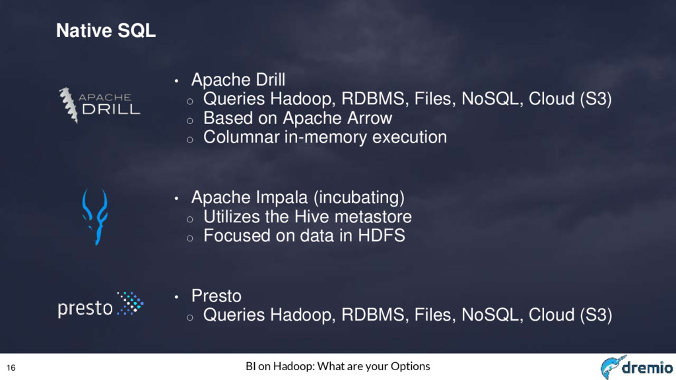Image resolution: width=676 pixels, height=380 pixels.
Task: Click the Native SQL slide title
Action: coord(106,30)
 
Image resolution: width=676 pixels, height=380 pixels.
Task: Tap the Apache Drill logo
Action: coord(100,106)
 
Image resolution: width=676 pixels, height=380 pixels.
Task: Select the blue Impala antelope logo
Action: coord(95,216)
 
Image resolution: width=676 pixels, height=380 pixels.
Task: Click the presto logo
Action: coord(100,305)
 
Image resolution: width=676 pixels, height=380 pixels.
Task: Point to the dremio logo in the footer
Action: coord(637,367)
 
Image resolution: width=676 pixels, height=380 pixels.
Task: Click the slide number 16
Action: coord(11,367)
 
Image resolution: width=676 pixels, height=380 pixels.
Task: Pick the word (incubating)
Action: coord(358,198)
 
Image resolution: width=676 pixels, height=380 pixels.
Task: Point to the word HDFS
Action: coord(382,236)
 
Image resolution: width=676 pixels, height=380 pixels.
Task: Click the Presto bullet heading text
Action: coord(216,296)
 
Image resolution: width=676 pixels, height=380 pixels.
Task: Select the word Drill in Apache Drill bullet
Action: coord(270,80)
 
